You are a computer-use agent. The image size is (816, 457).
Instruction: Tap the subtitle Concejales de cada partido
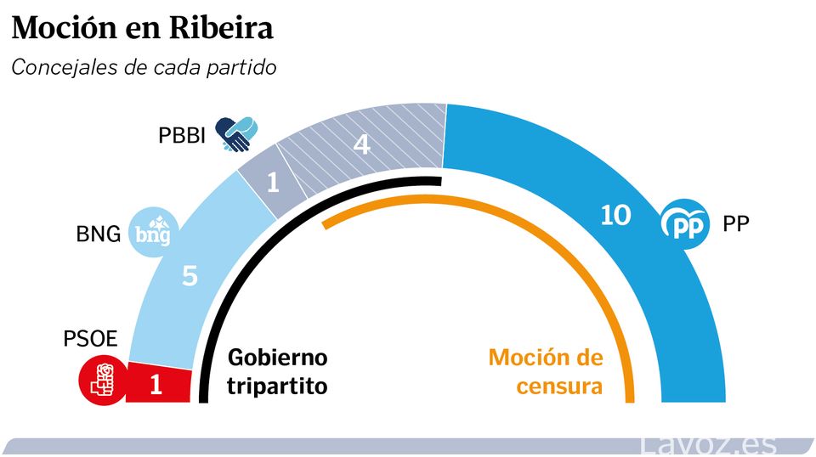[x=144, y=68]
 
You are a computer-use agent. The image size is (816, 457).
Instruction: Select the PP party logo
[x=685, y=223]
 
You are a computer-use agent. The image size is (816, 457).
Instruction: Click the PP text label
[x=735, y=224]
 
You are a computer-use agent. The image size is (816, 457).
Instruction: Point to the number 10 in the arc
[x=615, y=216]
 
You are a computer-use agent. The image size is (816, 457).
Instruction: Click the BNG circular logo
[x=154, y=231]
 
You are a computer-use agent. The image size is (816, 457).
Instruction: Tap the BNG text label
[x=99, y=234]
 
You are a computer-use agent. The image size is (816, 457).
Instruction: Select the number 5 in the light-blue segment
[x=190, y=276]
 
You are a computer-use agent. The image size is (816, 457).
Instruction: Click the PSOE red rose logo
[x=102, y=380]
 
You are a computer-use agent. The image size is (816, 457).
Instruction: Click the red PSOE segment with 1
[x=158, y=385]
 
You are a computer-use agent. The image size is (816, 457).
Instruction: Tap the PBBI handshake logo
[x=237, y=133]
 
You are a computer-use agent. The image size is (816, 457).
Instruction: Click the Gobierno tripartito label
[x=276, y=371]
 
